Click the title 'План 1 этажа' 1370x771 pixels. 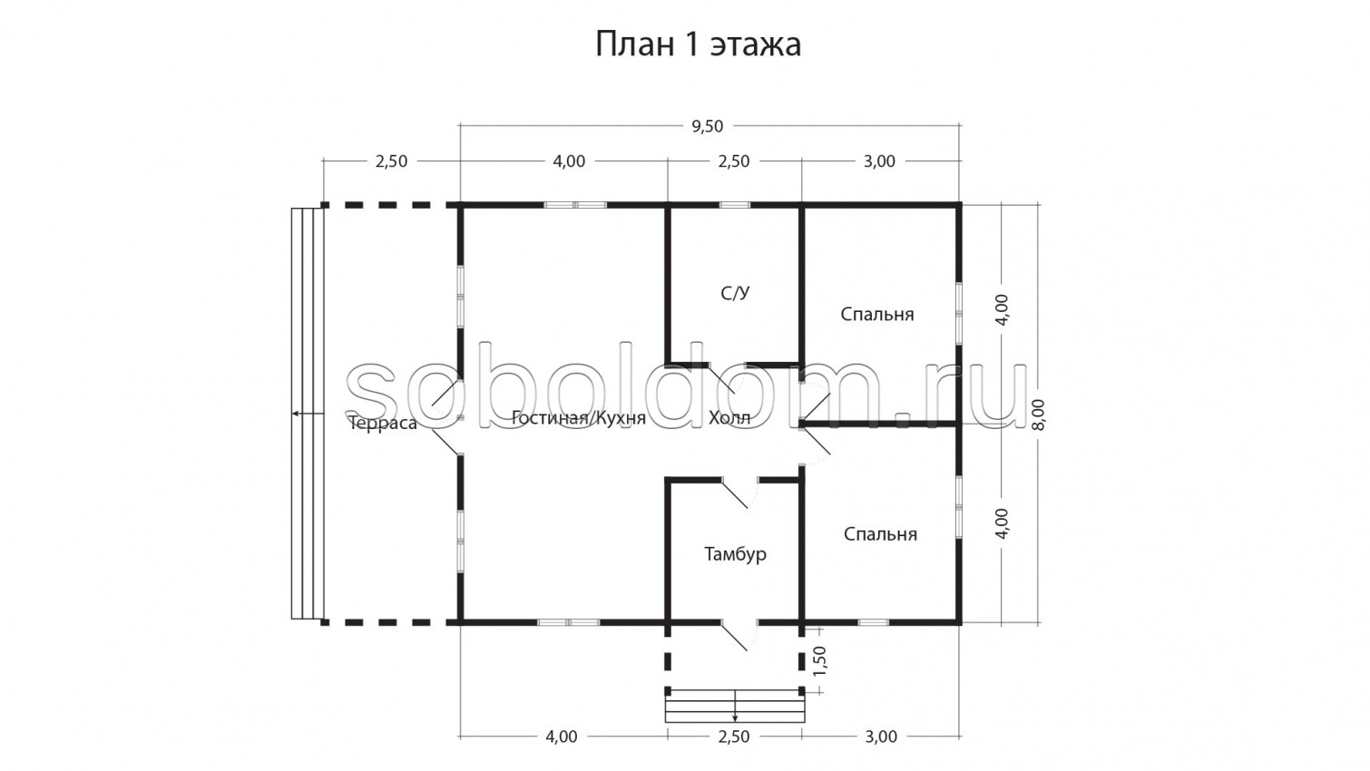[698, 44]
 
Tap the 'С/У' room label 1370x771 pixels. [735, 293]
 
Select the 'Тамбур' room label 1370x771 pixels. [735, 553]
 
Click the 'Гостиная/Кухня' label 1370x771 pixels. [578, 418]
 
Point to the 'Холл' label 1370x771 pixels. [729, 418]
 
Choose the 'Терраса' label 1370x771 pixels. [383, 424]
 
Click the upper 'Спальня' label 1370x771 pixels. [876, 314]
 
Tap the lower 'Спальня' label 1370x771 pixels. [880, 534]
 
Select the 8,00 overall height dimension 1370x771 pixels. [1038, 415]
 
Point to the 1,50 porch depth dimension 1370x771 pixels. [819, 661]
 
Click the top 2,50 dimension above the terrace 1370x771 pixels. [391, 161]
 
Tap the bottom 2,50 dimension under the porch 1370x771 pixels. [733, 737]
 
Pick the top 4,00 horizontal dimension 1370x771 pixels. [569, 161]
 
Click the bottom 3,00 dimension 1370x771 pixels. [880, 737]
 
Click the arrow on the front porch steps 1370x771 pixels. [735, 715]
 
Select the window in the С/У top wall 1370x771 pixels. [735, 205]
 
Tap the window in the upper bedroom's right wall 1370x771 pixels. [959, 314]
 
